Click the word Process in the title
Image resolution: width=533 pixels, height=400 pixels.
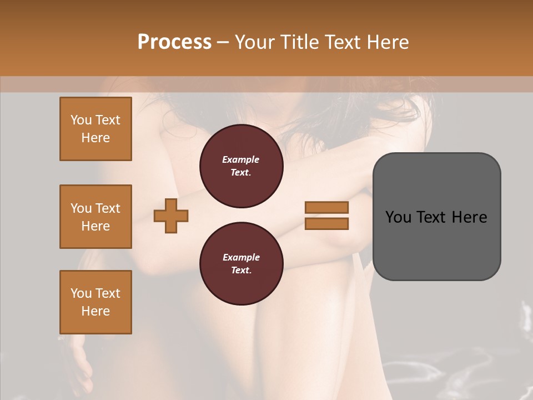(174, 42)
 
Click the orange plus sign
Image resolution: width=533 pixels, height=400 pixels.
(171, 215)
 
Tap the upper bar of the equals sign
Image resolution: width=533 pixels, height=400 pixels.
(326, 207)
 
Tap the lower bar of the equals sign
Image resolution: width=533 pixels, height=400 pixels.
(326, 223)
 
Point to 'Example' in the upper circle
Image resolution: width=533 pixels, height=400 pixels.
(241, 159)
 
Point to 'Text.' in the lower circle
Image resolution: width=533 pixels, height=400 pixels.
(241, 271)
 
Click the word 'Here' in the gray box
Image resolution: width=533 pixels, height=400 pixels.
(469, 217)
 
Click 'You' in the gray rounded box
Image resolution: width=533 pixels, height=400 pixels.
(398, 217)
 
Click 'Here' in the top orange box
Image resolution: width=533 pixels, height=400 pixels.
(95, 138)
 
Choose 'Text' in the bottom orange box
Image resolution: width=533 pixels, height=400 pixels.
(107, 293)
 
